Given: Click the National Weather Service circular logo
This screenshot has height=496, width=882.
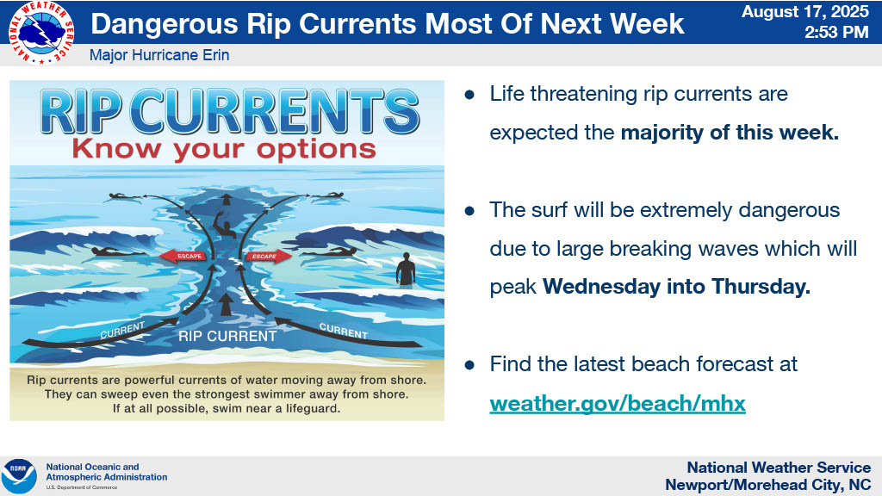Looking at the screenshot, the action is [40, 33].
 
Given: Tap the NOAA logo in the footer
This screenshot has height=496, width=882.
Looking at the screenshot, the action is [19, 476].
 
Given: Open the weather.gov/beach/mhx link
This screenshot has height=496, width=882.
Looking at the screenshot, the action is [617, 403].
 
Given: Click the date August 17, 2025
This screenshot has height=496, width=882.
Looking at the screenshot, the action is [805, 12].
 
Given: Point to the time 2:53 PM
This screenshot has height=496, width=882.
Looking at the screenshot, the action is [836, 32].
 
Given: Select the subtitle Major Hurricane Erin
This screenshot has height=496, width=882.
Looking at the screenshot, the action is [159, 55].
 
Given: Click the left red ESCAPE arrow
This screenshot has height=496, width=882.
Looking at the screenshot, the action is [183, 257].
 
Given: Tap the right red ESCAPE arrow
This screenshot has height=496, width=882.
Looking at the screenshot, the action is [269, 257].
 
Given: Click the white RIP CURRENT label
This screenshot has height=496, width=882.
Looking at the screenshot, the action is [227, 337].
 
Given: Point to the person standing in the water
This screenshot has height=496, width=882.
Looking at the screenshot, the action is [405, 270].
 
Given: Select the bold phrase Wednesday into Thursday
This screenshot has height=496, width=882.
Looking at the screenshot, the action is [677, 287].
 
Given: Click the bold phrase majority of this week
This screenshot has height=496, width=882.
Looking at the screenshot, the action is [730, 133].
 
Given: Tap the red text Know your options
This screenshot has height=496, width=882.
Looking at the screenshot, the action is [224, 150].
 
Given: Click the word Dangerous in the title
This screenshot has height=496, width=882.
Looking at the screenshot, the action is [165, 24].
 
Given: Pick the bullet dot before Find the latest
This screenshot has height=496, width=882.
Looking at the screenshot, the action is [469, 365].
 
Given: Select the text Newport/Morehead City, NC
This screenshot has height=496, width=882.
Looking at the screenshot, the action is [767, 485].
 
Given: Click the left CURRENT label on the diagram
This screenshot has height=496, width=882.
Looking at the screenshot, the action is [122, 330].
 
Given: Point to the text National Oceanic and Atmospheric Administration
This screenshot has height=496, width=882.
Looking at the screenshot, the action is [106, 472].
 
